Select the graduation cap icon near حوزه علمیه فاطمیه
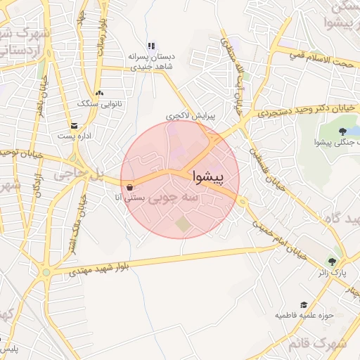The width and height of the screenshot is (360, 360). pyautogui.click(x=304, y=304)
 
